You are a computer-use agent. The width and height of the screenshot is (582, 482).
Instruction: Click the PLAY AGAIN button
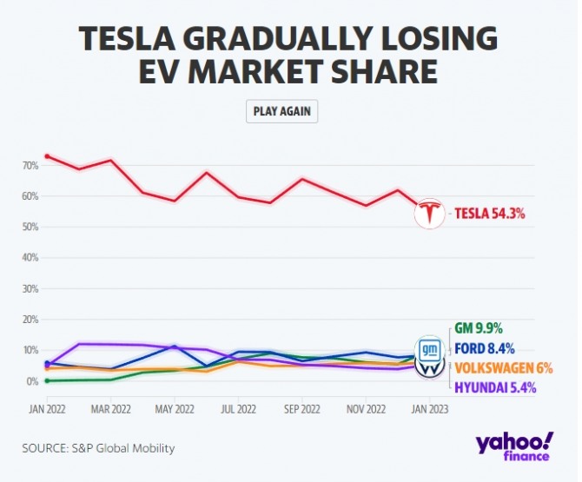point(282,111)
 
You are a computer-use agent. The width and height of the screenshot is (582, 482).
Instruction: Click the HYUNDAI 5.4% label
point(495,386)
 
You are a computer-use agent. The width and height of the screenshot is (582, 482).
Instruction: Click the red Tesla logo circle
point(428,213)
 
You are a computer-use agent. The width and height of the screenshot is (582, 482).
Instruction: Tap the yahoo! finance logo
point(514,445)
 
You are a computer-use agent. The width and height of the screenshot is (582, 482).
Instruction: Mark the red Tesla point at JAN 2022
point(47,156)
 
